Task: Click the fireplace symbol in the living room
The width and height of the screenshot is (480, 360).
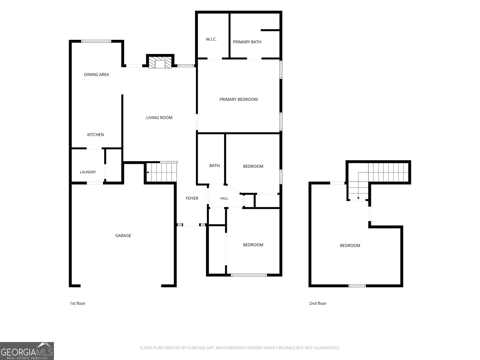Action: tap(160, 62)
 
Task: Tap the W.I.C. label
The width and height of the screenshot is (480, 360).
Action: tap(211, 39)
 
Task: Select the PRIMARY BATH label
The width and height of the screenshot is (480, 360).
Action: tap(247, 42)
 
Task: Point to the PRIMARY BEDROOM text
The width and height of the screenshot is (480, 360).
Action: tap(238, 100)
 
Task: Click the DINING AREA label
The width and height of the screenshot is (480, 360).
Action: tap(96, 74)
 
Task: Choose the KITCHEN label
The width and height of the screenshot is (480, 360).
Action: tap(95, 135)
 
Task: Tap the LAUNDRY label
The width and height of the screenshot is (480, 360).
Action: tap(88, 172)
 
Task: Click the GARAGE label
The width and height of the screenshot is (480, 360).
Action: tap(123, 235)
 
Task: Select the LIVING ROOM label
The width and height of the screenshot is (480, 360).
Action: tap(159, 118)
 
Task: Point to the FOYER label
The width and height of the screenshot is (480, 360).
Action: tap(192, 198)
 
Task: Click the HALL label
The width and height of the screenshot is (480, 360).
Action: tap(224, 199)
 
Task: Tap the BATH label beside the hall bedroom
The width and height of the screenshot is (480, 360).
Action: tap(214, 166)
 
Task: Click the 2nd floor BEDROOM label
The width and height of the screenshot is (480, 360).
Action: tap(350, 245)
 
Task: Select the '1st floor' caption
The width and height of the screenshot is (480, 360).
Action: tap(77, 303)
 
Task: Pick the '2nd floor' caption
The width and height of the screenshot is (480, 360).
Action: tap(318, 303)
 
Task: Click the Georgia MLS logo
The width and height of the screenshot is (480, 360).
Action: tap(27, 351)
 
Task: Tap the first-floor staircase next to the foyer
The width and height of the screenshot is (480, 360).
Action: tap(161, 172)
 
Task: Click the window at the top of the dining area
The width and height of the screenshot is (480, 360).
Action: tap(96, 41)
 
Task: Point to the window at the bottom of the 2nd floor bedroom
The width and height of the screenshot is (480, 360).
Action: tap(357, 286)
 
